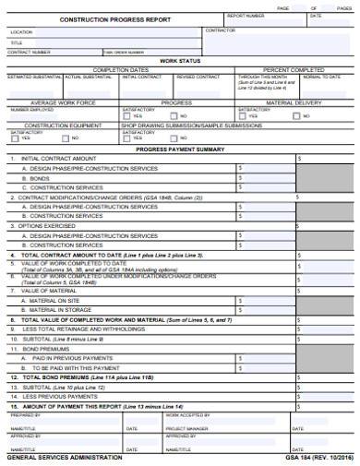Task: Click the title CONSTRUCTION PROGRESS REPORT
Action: (x=102, y=18)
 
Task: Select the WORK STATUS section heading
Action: (x=180, y=61)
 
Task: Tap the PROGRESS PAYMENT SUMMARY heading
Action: (x=180, y=149)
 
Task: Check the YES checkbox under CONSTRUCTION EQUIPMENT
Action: (x=16, y=138)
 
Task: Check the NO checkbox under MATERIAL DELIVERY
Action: (x=295, y=116)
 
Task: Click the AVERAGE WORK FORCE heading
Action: (x=63, y=102)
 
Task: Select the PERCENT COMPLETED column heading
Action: (x=294, y=69)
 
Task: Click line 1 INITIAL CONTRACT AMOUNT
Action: (x=58, y=159)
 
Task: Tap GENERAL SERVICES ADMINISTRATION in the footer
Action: (x=65, y=458)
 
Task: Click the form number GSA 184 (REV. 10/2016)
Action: (x=318, y=458)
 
